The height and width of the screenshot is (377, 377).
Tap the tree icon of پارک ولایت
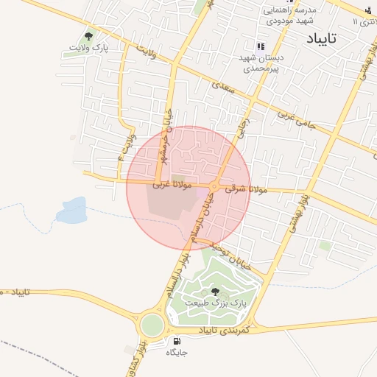pos(89,36)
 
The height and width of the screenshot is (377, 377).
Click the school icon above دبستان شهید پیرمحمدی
pos(260,46)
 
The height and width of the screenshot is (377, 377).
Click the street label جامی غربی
pos(296,120)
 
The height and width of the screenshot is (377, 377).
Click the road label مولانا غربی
pos(172,185)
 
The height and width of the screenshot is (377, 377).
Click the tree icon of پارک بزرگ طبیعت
pos(215,292)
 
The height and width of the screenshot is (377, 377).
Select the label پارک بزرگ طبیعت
pos(219,303)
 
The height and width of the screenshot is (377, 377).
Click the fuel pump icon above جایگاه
pos(177,341)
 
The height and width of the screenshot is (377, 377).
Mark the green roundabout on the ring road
pos(153,324)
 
